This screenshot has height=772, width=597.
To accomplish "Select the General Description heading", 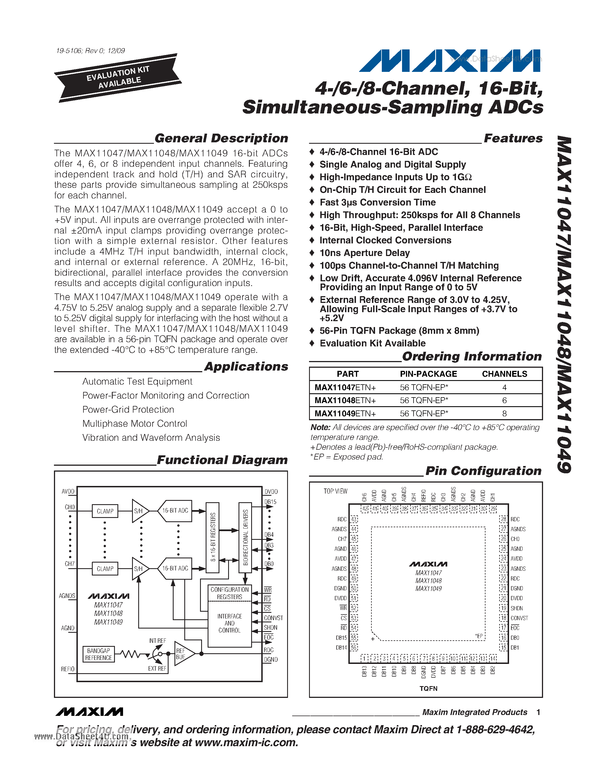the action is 221,138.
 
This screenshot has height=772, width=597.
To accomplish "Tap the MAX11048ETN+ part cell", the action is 345,401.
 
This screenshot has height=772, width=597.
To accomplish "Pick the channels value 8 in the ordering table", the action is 504,414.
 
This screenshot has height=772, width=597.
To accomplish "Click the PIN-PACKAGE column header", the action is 428,374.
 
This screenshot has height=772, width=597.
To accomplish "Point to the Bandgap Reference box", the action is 99,654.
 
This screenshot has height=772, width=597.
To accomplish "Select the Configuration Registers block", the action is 230,593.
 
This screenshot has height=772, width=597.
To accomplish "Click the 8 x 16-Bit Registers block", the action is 213,537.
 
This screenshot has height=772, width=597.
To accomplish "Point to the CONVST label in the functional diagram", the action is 273,618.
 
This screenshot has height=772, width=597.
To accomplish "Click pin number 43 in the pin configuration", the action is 354,519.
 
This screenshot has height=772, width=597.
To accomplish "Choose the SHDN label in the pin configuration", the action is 516,608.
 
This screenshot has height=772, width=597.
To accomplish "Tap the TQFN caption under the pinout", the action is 428,689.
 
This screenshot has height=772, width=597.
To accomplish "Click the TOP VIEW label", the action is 335,491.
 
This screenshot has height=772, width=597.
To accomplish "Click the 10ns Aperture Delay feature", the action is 364,253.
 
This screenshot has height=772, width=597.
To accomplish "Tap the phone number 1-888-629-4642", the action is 495,730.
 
